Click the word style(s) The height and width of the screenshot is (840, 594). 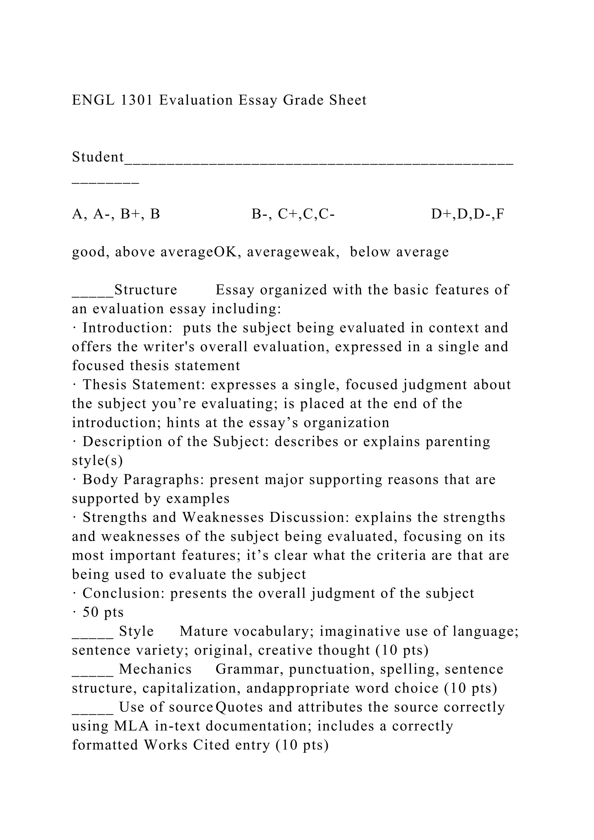pos(97,461)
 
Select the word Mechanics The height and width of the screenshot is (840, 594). pos(155,669)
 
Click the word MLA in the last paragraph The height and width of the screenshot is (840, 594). pos(131,726)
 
